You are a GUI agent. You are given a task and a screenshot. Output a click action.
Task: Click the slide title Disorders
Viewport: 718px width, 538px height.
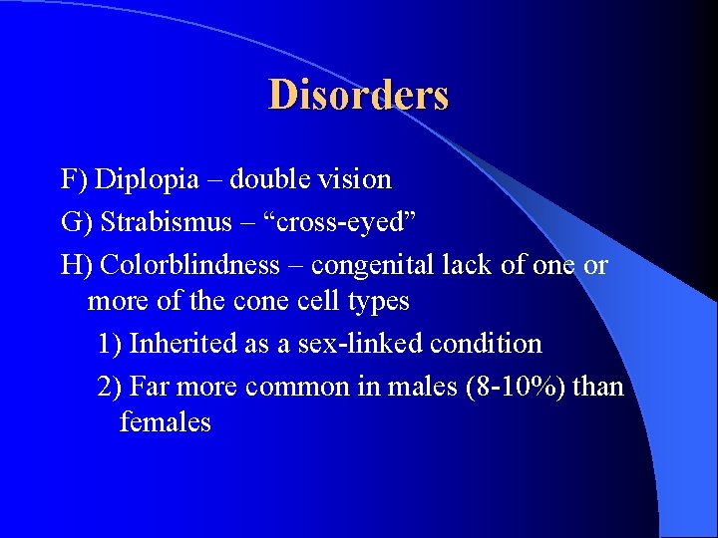pos(358,96)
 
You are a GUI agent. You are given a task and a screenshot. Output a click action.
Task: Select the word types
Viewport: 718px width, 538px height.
pos(375,300)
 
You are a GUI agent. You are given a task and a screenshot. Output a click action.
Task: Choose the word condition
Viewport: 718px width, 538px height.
pos(486,344)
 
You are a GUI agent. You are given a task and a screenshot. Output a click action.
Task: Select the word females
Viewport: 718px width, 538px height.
pos(165,422)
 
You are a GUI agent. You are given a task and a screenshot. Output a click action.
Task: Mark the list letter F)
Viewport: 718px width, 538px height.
pos(74,180)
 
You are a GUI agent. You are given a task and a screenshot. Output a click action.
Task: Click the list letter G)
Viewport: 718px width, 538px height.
pos(75,223)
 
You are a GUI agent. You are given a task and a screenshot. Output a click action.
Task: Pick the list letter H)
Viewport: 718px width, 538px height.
pos(76,266)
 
